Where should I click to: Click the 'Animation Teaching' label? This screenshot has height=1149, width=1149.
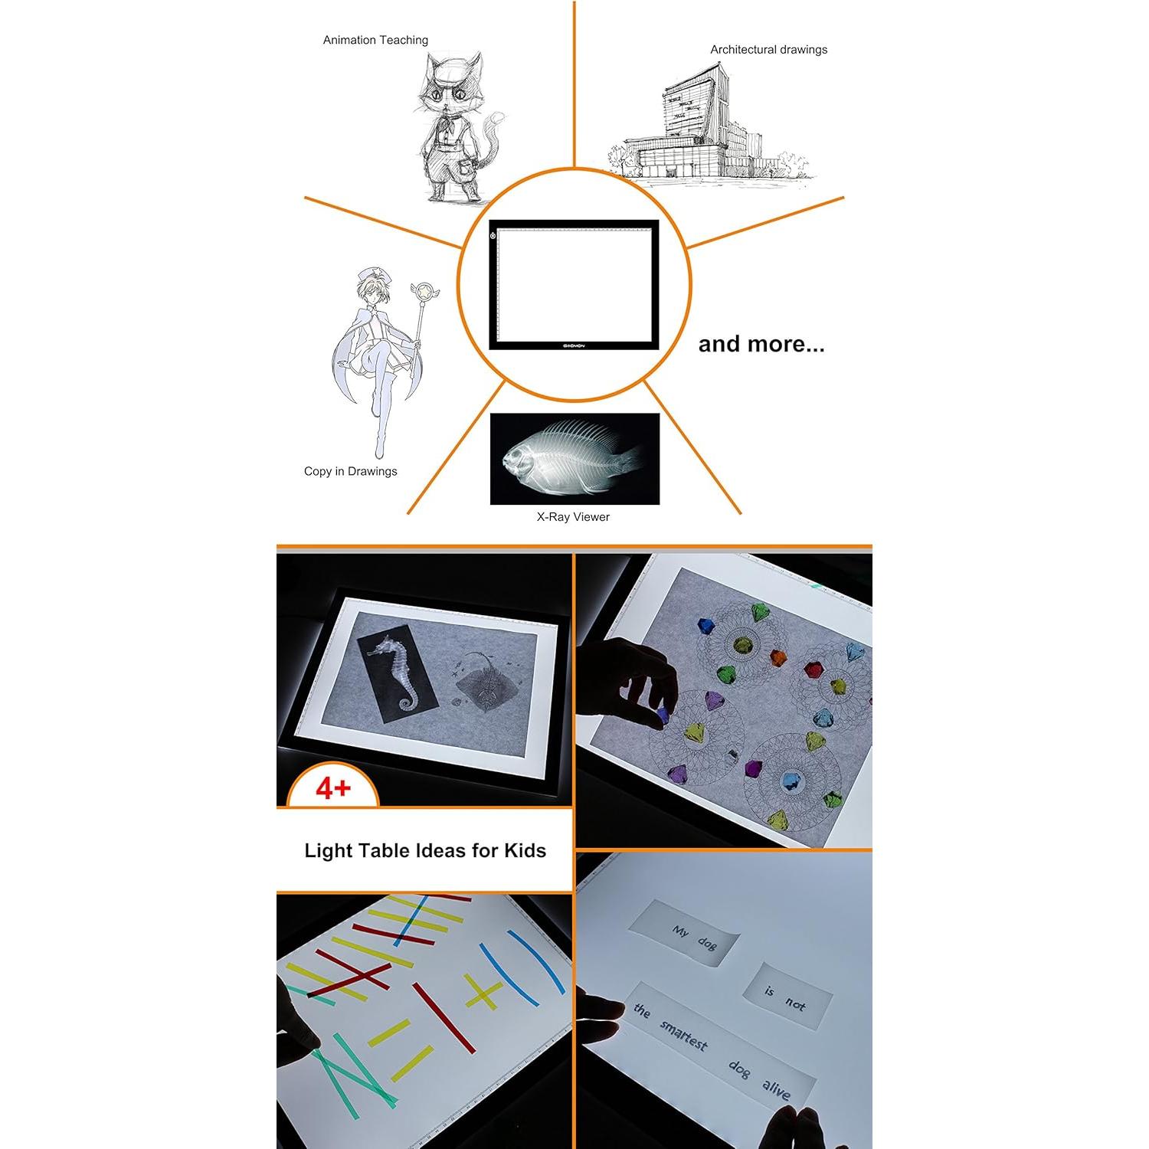(x=375, y=40)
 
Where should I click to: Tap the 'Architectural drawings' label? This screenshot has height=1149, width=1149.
(x=768, y=50)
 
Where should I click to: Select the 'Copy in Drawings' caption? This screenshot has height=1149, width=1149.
(x=350, y=471)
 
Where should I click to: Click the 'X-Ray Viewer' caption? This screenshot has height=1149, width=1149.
(x=573, y=517)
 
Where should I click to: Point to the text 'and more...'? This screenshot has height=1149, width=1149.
(x=761, y=344)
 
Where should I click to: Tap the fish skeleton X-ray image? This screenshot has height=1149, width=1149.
(x=574, y=458)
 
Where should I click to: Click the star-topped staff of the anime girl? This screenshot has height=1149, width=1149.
(x=420, y=329)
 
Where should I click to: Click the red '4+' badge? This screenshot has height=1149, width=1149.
(x=332, y=788)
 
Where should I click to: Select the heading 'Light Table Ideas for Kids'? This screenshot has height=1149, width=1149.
(x=425, y=851)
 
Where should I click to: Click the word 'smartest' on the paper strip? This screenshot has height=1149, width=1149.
(x=684, y=1035)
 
